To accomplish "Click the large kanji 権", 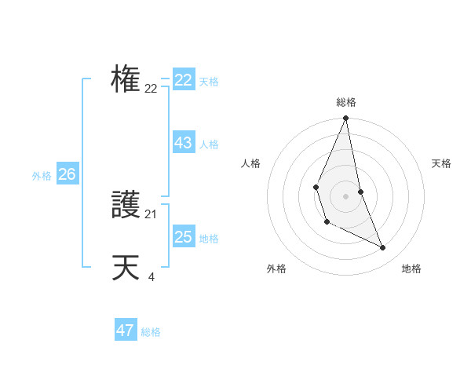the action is pyautogui.click(x=126, y=79).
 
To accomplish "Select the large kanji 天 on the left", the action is pyautogui.click(x=126, y=268).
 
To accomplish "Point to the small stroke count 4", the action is pyautogui.click(x=151, y=276).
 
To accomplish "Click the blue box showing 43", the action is pyautogui.click(x=183, y=143).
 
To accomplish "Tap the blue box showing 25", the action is pyautogui.click(x=183, y=237).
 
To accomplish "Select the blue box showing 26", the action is pyautogui.click(x=67, y=174).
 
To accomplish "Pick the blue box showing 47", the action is pyautogui.click(x=125, y=331).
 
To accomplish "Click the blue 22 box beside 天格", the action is pyautogui.click(x=183, y=80).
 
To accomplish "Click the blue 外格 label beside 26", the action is pyautogui.click(x=42, y=176).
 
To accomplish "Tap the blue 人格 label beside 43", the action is pyautogui.click(x=209, y=144).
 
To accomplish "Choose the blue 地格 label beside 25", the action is pyautogui.click(x=209, y=239).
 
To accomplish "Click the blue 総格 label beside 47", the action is pyautogui.click(x=151, y=332).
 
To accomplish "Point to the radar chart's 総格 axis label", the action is pyautogui.click(x=345, y=102).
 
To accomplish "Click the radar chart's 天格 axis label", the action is pyautogui.click(x=441, y=163).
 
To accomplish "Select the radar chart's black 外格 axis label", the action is pyautogui.click(x=276, y=269).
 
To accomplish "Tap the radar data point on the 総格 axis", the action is pyautogui.click(x=345, y=119).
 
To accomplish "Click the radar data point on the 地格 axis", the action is pyautogui.click(x=383, y=247).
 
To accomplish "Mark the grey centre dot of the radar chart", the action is pyautogui.click(x=345, y=195).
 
